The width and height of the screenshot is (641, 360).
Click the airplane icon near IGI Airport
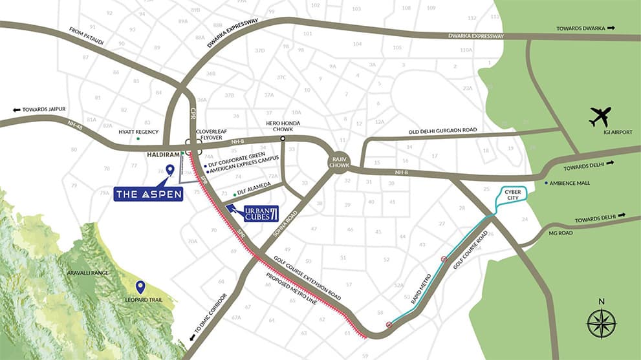(600, 117)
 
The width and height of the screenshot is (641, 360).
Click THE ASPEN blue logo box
(148, 193)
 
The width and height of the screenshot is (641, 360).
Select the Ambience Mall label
(570, 183)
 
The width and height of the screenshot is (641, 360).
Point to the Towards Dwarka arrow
(610, 28)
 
